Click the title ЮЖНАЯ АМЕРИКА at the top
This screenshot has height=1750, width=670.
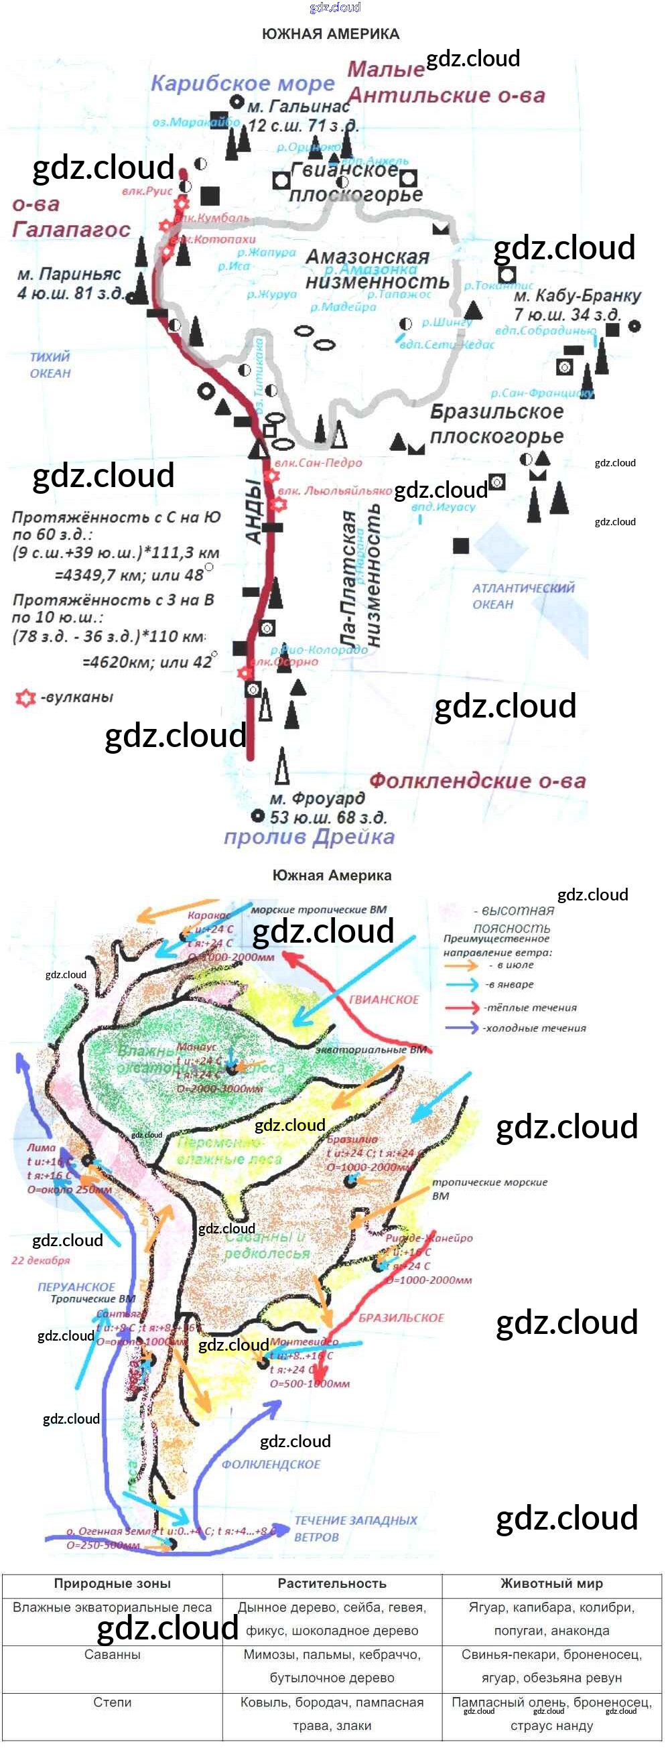click(x=330, y=34)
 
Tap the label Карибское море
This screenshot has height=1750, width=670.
click(x=243, y=84)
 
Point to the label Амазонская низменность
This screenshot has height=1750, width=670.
click(x=377, y=269)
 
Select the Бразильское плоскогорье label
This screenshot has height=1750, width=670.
click(x=496, y=424)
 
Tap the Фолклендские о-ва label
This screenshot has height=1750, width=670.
click(x=477, y=781)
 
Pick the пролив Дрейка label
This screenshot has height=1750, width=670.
click(x=309, y=837)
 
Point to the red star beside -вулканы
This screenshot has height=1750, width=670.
click(x=25, y=698)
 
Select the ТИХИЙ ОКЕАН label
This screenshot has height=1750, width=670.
click(x=50, y=365)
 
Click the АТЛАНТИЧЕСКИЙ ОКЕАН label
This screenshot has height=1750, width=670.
click(x=523, y=596)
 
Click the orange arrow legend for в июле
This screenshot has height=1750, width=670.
click(x=462, y=965)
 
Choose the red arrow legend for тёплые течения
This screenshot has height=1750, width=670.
click(x=462, y=1008)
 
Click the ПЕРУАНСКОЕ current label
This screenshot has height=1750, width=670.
click(x=76, y=1286)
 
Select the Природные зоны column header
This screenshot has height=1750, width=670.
click(x=112, y=1584)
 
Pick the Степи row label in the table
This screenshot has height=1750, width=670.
click(x=112, y=1702)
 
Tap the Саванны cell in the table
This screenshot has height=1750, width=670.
click(x=112, y=1654)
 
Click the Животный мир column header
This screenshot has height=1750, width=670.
click(x=551, y=1584)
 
